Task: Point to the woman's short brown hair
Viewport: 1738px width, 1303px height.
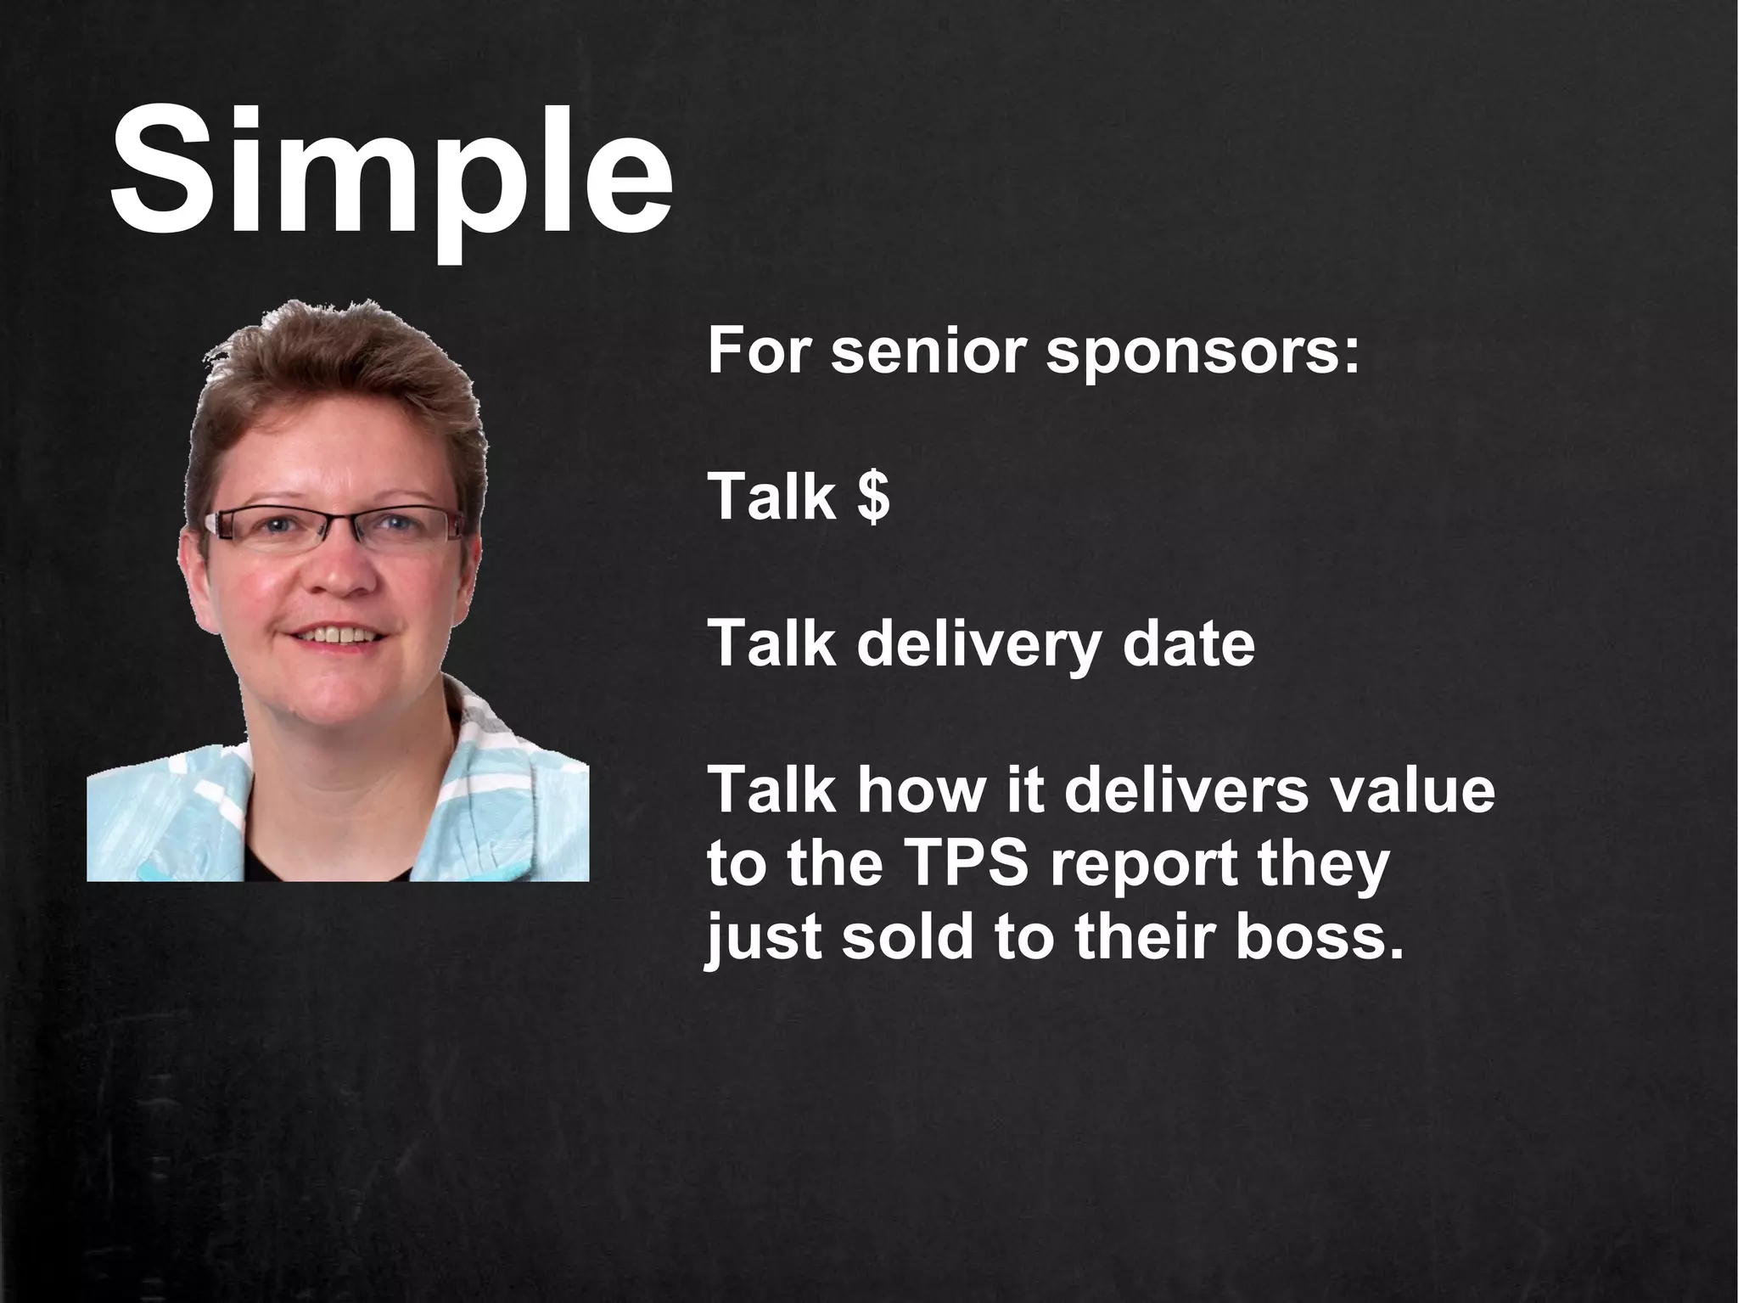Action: pos(339,382)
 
